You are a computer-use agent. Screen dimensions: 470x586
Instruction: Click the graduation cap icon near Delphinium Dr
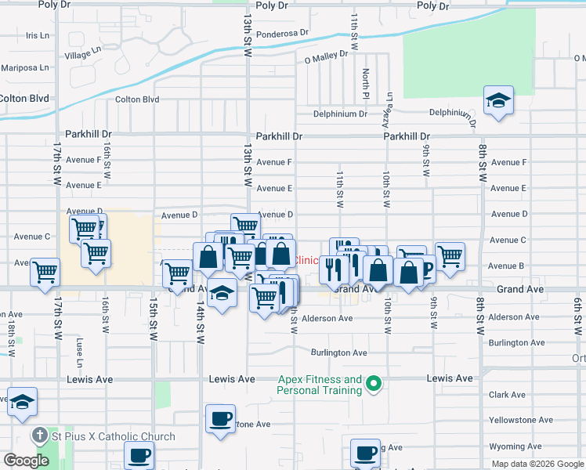pos(498,101)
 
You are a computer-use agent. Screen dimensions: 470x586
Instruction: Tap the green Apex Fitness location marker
pos(374,384)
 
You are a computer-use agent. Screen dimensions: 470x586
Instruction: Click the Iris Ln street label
pos(38,35)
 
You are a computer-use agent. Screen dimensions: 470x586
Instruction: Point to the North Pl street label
pos(366,78)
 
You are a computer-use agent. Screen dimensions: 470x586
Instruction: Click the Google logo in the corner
pos(27,461)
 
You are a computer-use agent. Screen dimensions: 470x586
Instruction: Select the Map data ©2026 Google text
pos(537,464)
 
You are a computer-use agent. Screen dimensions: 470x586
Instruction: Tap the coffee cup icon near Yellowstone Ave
pos(220,418)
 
